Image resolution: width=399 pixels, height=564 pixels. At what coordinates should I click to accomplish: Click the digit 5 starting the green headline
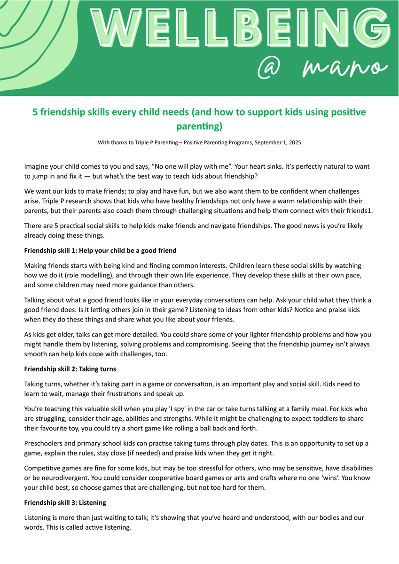click(35, 112)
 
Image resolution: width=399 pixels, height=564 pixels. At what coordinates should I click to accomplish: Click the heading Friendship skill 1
click(100, 251)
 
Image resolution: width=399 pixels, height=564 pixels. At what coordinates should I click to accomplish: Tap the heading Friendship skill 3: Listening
click(65, 502)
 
